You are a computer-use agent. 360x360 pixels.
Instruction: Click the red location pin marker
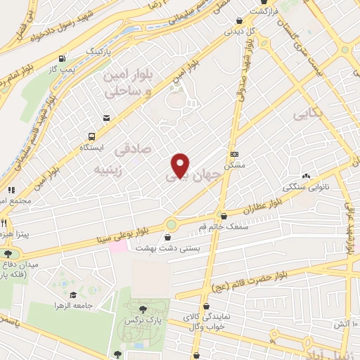181,165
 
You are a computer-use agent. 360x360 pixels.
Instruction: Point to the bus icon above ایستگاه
91,136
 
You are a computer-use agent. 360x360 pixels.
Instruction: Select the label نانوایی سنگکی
304,188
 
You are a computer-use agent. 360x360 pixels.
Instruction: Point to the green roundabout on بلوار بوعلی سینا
171,224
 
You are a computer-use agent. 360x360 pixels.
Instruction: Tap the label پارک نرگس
140,320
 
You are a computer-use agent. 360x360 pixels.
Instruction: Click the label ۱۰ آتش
346,324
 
